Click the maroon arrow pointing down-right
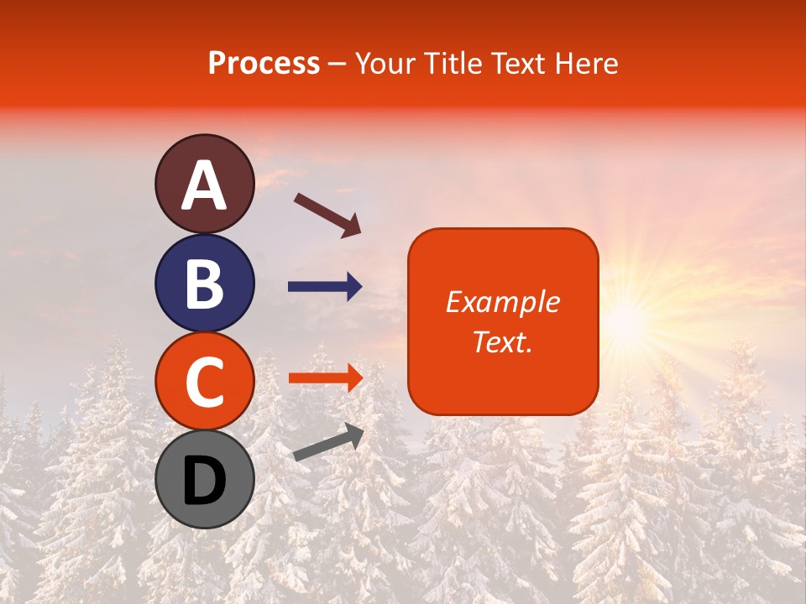pyautogui.click(x=327, y=215)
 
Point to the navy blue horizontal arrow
pyautogui.click(x=325, y=288)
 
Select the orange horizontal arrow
pyautogui.click(x=325, y=378)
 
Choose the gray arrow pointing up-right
pyautogui.click(x=328, y=442)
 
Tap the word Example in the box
pyautogui.click(x=503, y=302)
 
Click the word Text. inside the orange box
pyautogui.click(x=503, y=341)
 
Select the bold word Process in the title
pyautogui.click(x=264, y=64)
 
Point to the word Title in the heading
pyautogui.click(x=455, y=64)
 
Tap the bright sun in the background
pyautogui.click(x=625, y=319)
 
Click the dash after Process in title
pyautogui.click(x=338, y=65)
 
